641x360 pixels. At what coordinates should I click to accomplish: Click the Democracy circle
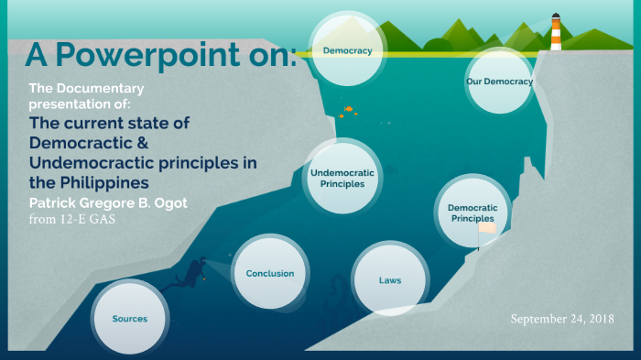point(347,51)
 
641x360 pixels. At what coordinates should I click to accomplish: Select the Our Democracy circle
point(499,82)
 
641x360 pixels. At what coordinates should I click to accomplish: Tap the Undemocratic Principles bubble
point(343,178)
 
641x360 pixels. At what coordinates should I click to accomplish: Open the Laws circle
point(389,278)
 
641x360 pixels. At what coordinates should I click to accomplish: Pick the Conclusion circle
point(270,273)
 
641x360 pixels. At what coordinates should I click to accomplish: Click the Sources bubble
point(129,318)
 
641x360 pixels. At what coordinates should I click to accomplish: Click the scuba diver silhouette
point(192,274)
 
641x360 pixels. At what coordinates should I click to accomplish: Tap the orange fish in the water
point(349,110)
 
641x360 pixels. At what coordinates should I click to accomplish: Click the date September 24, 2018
point(562,318)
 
